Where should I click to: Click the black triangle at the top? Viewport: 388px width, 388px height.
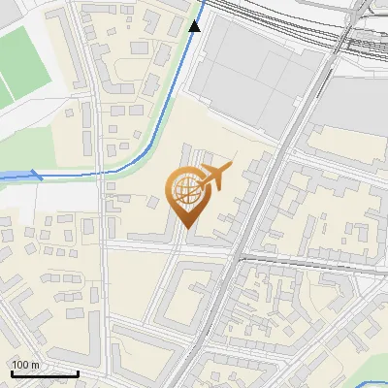(x=195, y=26)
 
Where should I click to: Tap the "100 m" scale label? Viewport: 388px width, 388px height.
(x=26, y=364)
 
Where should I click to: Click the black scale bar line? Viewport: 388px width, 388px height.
(x=45, y=372)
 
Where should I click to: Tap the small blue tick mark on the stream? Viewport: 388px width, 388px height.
(x=37, y=175)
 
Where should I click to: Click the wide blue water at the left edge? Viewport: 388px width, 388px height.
(x=12, y=176)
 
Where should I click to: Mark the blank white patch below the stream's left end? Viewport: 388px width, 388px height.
(x=48, y=199)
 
